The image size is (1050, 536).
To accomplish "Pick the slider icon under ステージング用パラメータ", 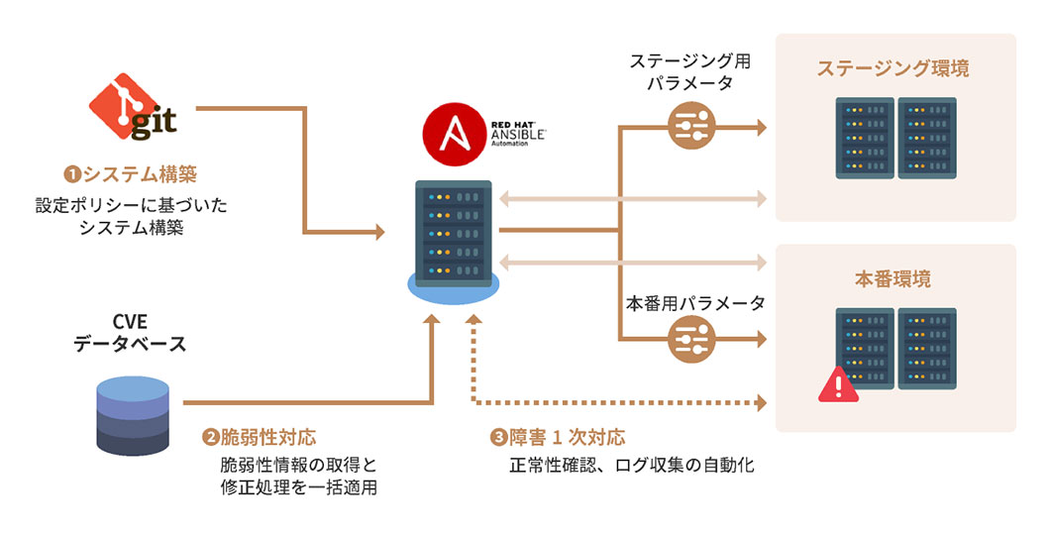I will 691,126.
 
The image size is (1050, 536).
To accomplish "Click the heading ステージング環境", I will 892,68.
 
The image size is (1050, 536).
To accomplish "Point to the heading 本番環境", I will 892,278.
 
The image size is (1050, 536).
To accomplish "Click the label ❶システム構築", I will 131,175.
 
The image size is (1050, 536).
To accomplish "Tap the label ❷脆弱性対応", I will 260,437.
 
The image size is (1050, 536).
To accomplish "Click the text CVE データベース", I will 130,334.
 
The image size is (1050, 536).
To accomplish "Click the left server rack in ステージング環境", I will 864,137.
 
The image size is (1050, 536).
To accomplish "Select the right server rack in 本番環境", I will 926,348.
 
